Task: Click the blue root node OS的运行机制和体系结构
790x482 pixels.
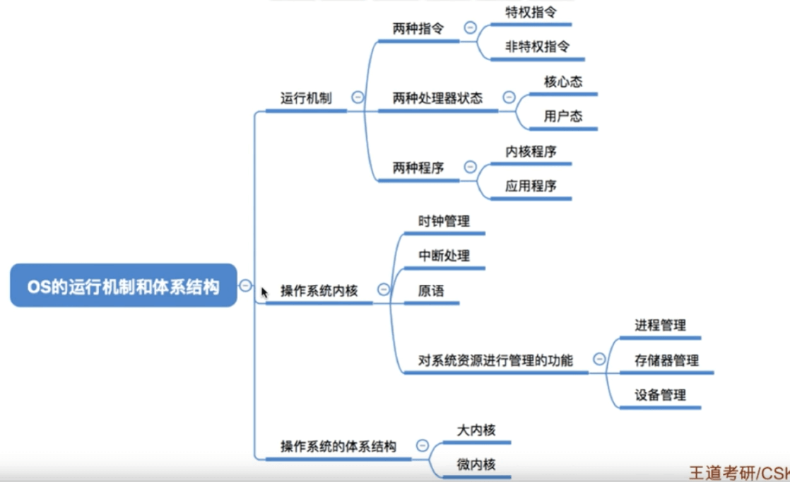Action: [123, 286]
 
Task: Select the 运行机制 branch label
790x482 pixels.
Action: [306, 98]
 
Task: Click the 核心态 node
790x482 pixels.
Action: [563, 81]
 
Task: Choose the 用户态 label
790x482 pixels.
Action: [563, 116]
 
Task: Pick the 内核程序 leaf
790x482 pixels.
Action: [531, 151]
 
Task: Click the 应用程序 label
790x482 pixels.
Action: [531, 186]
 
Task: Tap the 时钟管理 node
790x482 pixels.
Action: [444, 221]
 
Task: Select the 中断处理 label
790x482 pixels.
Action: [444, 256]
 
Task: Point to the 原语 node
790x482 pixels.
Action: [431, 290]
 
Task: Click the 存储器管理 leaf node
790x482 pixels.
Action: [666, 360]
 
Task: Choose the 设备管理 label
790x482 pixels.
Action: [660, 395]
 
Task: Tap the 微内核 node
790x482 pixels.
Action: [476, 464]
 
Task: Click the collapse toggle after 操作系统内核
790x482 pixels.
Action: [384, 289]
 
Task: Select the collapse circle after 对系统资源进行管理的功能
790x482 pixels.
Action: [599, 359]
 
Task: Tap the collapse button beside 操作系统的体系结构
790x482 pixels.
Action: [423, 445]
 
